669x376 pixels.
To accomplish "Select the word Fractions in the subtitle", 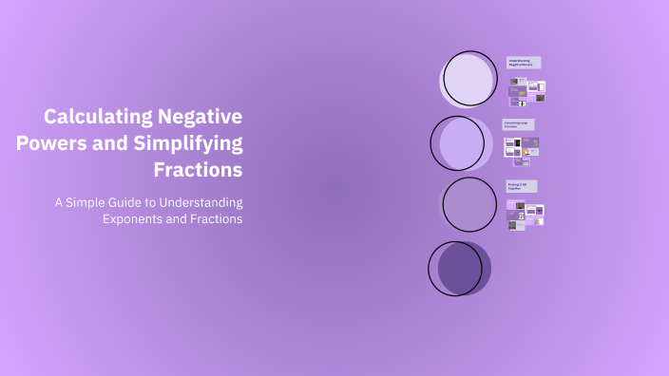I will [214, 219].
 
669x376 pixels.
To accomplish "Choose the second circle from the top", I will [461, 142].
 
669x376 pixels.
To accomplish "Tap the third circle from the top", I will [470, 205].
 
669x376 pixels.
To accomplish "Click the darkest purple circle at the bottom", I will [461, 268].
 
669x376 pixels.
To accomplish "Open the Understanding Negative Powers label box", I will [524, 63].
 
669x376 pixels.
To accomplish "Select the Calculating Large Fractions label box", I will [519, 124].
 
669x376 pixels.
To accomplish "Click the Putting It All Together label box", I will [522, 186].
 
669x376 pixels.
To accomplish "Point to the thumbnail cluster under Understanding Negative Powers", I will [526, 91].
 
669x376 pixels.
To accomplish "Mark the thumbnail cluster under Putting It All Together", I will [525, 214].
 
